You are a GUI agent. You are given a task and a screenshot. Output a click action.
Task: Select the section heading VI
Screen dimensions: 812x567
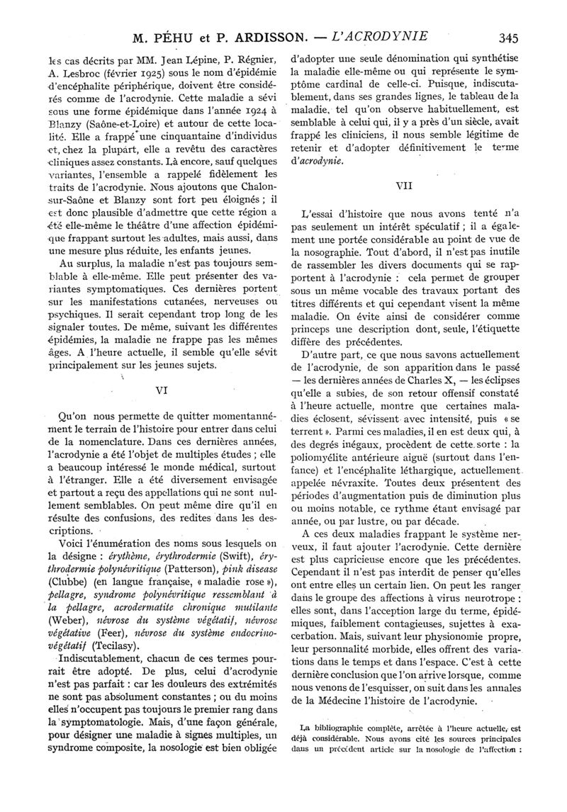[x=161, y=389]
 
